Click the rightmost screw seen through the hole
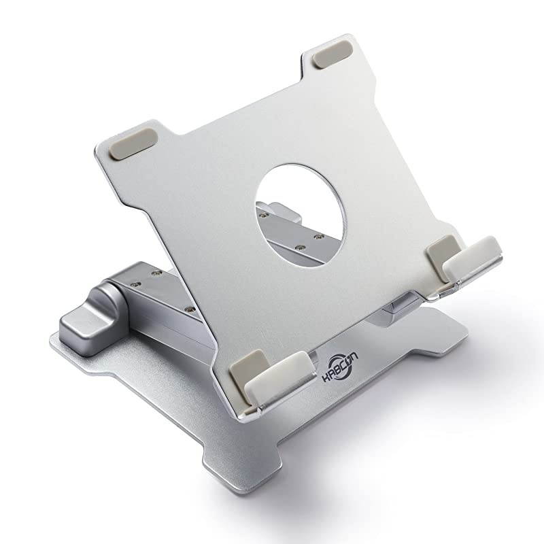(318, 237)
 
